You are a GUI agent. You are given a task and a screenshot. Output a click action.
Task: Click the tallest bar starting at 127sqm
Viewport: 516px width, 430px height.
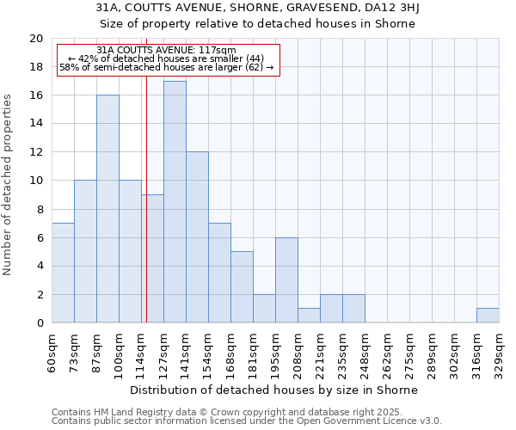[175, 202]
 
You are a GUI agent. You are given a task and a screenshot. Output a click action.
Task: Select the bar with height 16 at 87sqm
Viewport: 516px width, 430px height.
[107, 209]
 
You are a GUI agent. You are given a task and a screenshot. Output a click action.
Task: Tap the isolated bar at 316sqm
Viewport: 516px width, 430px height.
[488, 316]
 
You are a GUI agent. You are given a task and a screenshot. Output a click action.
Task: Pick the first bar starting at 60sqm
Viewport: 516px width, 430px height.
[63, 273]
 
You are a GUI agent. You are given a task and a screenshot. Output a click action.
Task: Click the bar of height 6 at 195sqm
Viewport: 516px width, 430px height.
[286, 280]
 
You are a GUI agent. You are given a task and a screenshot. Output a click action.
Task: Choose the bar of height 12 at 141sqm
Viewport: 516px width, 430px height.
[197, 237]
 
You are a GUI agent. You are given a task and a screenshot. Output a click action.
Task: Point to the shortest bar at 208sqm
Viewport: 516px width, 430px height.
[309, 316]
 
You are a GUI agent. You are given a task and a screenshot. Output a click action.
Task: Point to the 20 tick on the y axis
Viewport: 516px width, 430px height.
[35, 39]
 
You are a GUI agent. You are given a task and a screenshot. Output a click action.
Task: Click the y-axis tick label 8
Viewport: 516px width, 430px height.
[39, 209]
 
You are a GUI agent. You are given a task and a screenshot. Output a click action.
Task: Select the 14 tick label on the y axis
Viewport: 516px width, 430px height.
[35, 124]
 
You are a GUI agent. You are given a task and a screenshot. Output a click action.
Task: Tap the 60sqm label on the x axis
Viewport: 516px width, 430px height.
[52, 353]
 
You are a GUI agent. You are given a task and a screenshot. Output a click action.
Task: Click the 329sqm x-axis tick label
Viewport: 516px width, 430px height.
[499, 353]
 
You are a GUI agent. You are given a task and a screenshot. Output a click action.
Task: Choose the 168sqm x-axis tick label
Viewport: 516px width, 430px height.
[230, 353]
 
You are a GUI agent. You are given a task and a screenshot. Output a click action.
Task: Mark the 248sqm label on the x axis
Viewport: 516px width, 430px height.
[365, 353]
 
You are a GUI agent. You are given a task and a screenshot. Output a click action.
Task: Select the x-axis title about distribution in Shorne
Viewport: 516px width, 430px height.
[275, 390]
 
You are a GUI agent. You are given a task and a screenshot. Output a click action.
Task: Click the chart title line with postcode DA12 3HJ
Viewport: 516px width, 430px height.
[257, 8]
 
